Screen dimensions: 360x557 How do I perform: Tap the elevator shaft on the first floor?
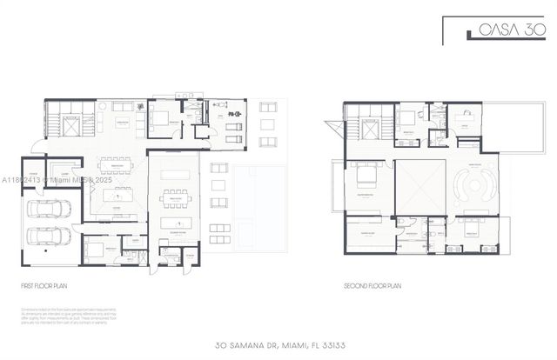click(70, 123)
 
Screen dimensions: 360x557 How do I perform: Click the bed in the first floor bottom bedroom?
click(95, 250)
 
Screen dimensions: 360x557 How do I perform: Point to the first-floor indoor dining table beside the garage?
click(116, 165)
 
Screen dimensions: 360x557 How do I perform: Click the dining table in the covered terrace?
click(175, 197)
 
